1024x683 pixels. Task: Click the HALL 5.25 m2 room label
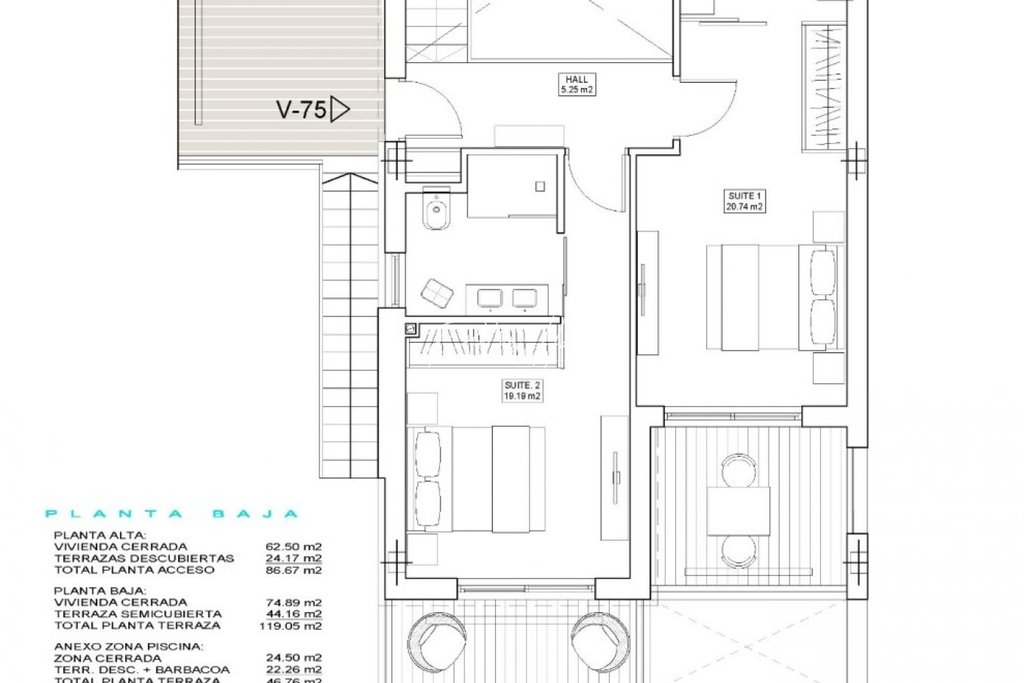pos(576,84)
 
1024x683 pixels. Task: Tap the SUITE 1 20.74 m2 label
pos(744,201)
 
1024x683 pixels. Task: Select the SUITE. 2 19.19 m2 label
pos(522,390)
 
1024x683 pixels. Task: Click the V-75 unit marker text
pos(301,110)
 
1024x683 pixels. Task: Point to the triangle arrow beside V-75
pos(339,110)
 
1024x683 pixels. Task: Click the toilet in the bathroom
pos(435,212)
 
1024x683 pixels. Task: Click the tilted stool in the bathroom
pos(436,293)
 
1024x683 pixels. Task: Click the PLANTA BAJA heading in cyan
pos(172,514)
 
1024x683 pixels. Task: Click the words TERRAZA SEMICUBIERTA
pos(138,613)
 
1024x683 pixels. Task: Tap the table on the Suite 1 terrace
pos(738,511)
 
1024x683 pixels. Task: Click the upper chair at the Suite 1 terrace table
pos(738,469)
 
